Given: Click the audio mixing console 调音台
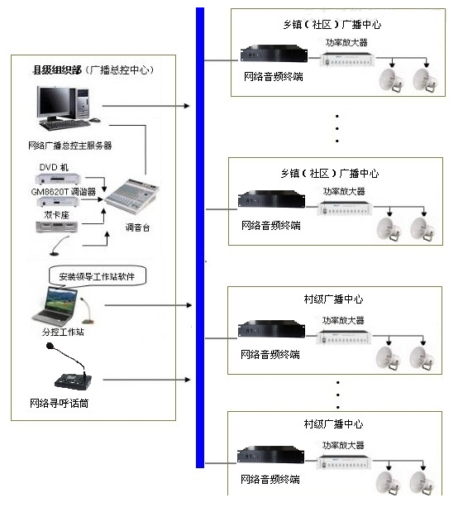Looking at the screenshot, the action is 132,195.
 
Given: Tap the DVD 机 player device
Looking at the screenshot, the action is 58,179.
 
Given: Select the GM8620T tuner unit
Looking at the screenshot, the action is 58,202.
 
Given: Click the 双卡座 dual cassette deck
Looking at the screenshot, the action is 57,227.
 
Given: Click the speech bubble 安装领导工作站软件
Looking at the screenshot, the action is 97,276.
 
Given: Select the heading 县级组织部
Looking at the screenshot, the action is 57,69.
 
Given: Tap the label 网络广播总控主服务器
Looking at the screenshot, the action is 69,146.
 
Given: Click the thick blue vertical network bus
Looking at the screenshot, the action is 200,237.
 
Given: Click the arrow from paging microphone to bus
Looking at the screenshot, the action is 146,380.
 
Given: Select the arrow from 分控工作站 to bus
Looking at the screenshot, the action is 148,305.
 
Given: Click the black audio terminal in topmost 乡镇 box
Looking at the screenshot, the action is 274,54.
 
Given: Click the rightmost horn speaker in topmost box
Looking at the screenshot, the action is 425,80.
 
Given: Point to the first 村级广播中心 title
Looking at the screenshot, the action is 333,299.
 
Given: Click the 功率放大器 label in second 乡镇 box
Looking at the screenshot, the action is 344,191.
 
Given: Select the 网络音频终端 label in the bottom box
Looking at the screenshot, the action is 270,480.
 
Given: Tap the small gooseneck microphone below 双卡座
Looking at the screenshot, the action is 60,246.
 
